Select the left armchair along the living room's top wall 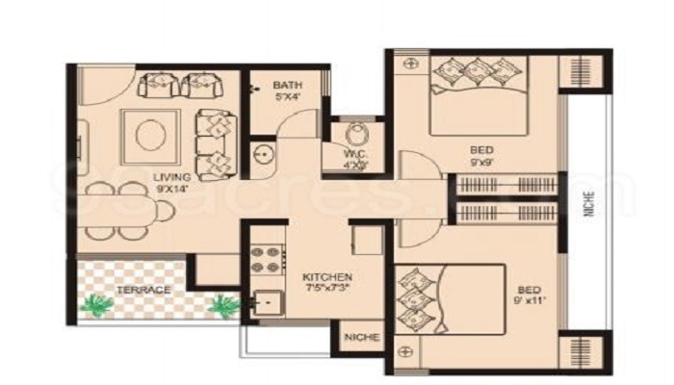[157, 84]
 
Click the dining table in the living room [115, 212]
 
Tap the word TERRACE [143, 290]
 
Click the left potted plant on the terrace [99, 305]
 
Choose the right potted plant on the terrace [222, 304]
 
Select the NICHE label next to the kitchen [362, 338]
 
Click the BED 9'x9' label [482, 156]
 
